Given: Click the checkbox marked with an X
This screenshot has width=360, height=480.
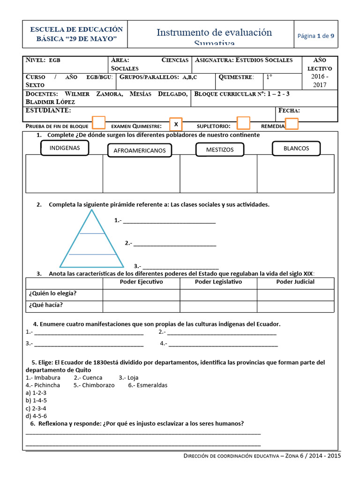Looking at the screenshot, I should click(176, 124).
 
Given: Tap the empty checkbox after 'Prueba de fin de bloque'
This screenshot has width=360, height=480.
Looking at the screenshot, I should click(98, 123).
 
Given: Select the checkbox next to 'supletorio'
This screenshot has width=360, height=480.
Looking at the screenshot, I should click(243, 123).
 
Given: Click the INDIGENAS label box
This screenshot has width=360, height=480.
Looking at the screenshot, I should click(65, 148).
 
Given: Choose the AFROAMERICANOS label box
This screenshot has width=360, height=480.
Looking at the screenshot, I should click(139, 150).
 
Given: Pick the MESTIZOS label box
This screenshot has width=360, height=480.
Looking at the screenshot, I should click(220, 150).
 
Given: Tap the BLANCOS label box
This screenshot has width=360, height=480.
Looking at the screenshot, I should click(296, 148).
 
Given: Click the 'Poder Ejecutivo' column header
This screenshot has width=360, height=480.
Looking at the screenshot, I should click(141, 282).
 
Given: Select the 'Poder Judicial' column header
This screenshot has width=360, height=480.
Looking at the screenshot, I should click(295, 282).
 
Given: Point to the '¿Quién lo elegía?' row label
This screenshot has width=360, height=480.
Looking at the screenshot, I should click(53, 294).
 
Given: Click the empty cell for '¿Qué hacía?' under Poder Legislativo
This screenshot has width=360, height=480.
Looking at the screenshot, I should click(218, 306).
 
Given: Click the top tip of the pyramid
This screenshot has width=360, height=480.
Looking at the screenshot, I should click(92, 210).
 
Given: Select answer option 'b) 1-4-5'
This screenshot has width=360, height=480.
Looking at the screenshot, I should click(37, 401).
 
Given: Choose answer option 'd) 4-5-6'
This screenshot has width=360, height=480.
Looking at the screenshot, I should click(37, 416).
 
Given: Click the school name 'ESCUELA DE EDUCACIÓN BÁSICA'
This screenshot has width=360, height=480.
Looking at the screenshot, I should click(76, 34).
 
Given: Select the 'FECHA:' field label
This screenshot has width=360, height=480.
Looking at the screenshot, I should click(289, 111).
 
